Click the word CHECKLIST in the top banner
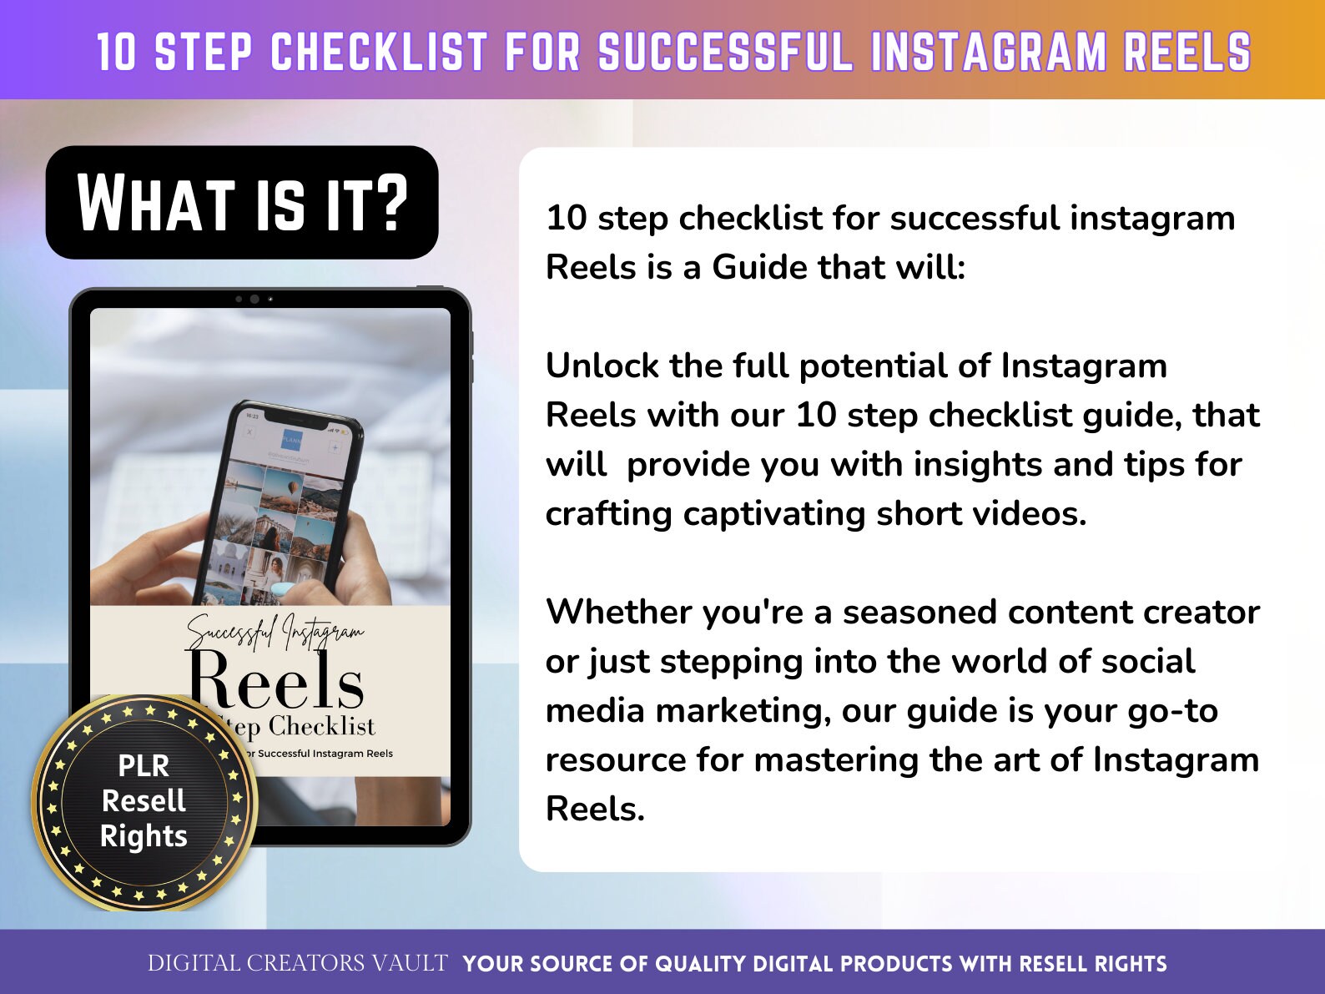[x=379, y=52]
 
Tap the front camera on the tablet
[x=254, y=299]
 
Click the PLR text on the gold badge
[x=144, y=765]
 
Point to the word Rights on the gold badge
[x=144, y=835]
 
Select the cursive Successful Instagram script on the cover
[x=275, y=633]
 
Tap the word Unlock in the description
[x=602, y=366]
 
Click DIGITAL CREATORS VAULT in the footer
[x=297, y=963]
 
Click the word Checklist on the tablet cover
[x=322, y=726]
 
